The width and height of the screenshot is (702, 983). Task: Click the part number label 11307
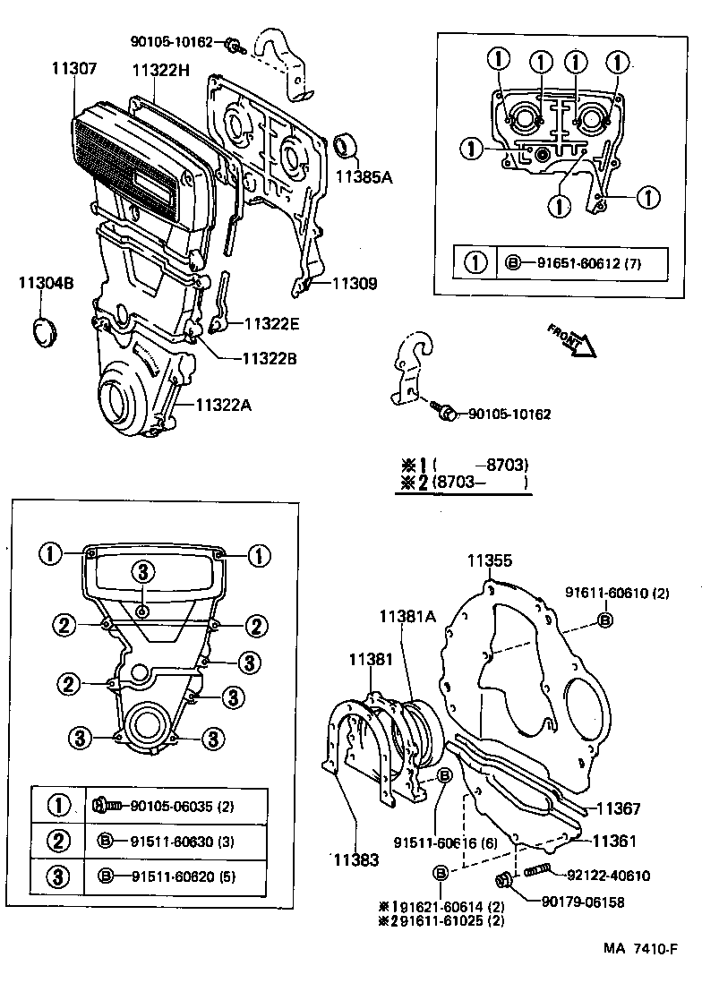(74, 68)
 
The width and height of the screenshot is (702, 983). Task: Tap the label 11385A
(364, 177)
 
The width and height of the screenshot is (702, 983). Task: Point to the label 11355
(489, 561)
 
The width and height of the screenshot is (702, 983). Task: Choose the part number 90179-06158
(586, 902)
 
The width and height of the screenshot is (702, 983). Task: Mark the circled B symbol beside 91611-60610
(605, 620)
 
